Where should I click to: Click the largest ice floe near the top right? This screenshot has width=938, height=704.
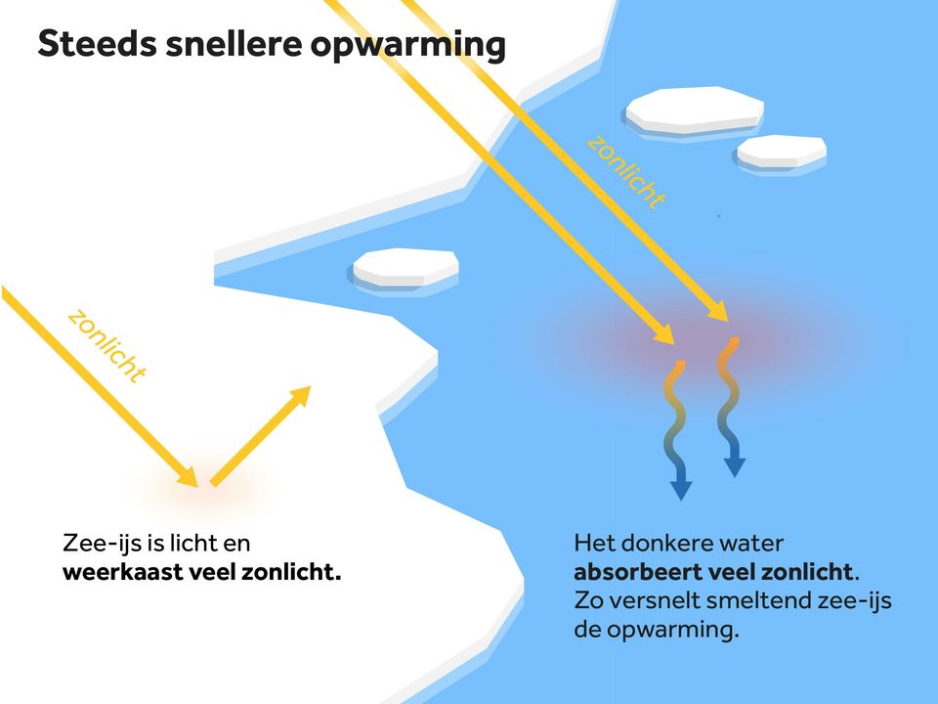[x=694, y=110]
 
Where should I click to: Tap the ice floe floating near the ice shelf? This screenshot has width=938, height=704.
[x=405, y=266]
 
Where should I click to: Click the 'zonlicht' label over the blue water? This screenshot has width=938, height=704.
[x=626, y=173]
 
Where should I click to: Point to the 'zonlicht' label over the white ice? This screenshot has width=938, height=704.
[x=107, y=345]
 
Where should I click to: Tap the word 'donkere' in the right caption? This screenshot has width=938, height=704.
[x=666, y=542]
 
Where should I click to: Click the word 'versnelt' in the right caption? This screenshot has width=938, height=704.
[x=659, y=600]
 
